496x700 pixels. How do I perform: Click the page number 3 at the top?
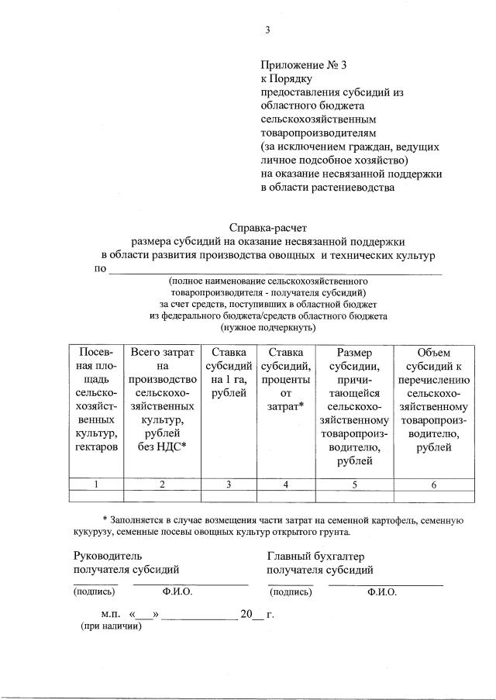coord(267,30)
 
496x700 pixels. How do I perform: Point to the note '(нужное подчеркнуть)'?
coord(268,327)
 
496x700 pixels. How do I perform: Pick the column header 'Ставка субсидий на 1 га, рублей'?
coord(229,372)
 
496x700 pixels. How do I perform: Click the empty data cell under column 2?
coord(162,496)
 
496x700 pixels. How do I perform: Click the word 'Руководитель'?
coord(108,556)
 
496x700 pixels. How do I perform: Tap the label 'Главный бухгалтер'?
coord(315,556)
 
